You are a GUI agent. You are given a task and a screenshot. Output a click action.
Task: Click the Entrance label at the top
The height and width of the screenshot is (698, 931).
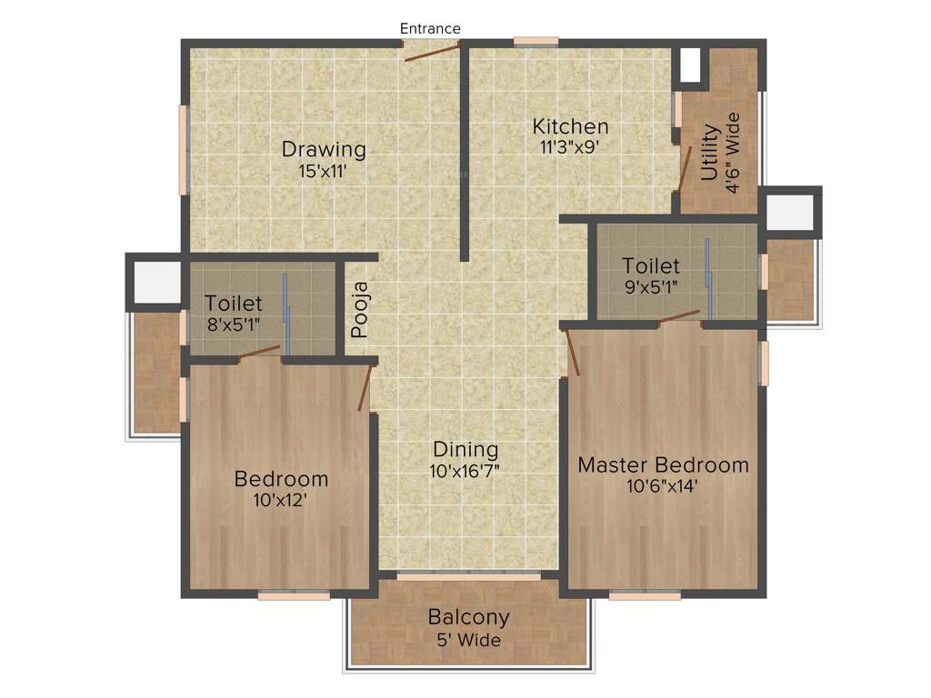(430, 29)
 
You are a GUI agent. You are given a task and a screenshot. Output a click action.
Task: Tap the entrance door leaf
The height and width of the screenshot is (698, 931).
(432, 51)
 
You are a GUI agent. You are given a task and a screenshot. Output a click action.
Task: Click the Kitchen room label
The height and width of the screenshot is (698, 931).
(570, 126)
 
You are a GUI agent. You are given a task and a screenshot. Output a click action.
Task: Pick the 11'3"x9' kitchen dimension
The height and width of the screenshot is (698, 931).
(570, 146)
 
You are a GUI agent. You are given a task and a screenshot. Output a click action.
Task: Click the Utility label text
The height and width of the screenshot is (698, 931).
(710, 153)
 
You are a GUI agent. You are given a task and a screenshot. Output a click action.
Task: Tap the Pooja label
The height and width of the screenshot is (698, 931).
(361, 310)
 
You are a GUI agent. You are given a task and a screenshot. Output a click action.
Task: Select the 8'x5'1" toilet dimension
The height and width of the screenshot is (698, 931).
(234, 324)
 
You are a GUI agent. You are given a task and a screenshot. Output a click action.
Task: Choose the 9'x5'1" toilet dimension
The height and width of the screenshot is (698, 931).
(651, 286)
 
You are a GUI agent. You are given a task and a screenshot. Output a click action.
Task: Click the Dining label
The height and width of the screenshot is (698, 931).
(465, 449)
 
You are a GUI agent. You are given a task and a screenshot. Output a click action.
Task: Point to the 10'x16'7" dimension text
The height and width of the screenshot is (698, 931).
(465, 471)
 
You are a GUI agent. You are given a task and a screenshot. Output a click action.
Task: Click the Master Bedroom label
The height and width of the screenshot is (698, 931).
(664, 465)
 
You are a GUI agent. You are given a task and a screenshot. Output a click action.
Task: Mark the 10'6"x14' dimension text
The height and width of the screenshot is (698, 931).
(664, 486)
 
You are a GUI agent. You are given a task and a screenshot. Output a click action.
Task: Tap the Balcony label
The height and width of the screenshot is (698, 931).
(468, 618)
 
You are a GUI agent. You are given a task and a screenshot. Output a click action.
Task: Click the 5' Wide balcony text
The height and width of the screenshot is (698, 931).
(468, 640)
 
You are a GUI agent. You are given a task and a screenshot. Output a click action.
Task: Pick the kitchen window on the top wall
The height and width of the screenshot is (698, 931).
(536, 41)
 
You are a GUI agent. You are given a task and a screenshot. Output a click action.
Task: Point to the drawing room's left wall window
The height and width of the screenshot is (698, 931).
(183, 150)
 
